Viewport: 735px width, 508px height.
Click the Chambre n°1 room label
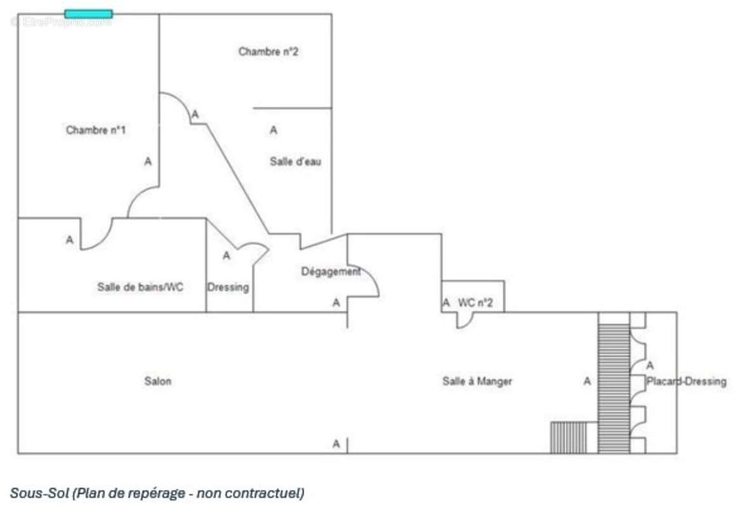[x=96, y=130]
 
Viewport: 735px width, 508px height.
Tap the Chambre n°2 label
[x=268, y=51]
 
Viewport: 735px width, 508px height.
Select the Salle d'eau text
[x=295, y=162]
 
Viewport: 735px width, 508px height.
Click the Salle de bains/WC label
[x=140, y=287]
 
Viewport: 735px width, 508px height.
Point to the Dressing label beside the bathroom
[x=228, y=287]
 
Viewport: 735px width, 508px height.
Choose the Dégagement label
[x=331, y=272]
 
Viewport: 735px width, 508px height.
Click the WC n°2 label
[x=475, y=303]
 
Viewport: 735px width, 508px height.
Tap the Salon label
[x=158, y=381]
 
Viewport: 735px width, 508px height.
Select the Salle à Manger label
[x=477, y=382]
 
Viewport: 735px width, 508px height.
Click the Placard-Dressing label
[x=687, y=382]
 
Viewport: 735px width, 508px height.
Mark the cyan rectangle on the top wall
[x=89, y=14]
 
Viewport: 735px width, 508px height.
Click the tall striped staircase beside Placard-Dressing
[x=614, y=383]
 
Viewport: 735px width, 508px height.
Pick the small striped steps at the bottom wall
[x=569, y=438]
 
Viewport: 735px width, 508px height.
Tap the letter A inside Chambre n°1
[x=148, y=162]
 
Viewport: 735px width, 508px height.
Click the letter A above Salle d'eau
[x=274, y=130]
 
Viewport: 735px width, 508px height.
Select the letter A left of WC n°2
[x=446, y=303]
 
